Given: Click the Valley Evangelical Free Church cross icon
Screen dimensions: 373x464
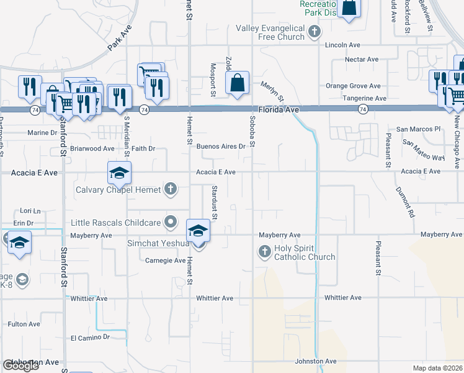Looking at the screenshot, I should (315, 32).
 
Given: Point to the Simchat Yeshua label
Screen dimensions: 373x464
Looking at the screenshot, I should (158, 243).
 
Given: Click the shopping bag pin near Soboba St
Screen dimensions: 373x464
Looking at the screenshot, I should (238, 83).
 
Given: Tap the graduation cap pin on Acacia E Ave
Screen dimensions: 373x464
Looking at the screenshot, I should (119, 173).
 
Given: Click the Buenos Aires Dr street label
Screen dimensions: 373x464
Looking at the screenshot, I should (221, 147).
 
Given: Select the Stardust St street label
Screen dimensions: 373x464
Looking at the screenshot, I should (213, 203).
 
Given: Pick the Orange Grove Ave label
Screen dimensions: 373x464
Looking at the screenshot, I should (353, 86).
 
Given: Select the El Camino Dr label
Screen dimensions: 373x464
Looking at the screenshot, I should (90, 337).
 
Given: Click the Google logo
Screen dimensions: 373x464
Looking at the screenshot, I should (20, 366).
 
